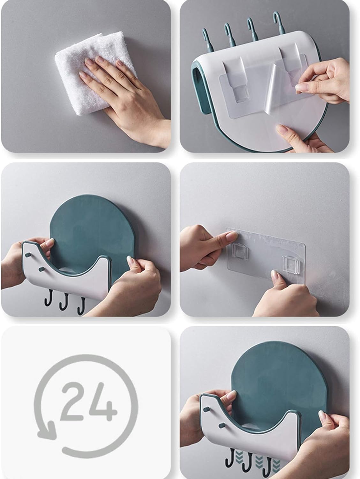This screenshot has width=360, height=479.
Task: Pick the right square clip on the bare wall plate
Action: point(291,262)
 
